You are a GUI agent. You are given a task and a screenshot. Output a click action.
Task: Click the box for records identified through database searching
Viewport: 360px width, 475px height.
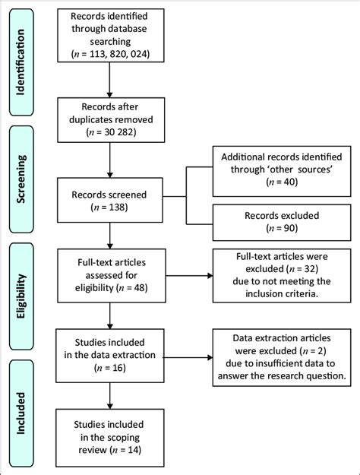tap(111, 36)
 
